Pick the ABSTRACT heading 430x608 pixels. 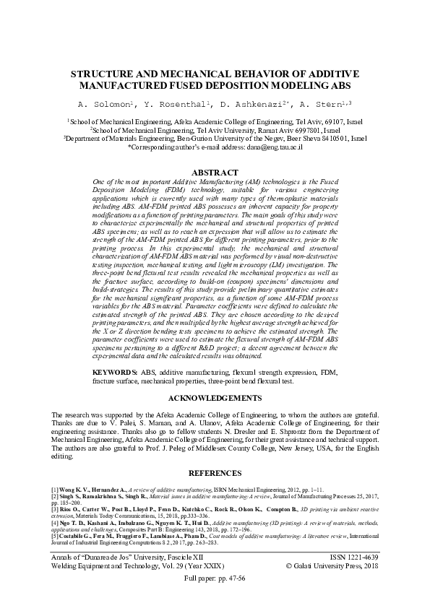[x=215, y=173]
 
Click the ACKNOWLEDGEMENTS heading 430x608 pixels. [x=215, y=398]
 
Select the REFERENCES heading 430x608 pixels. [x=215, y=473]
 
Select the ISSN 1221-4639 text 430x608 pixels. [x=349, y=559]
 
